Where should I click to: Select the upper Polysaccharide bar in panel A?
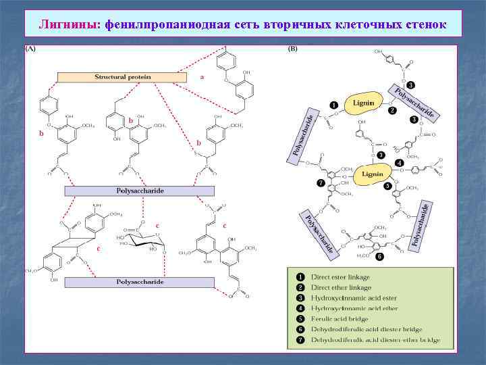(139, 191)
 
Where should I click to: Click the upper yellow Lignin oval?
(367, 103)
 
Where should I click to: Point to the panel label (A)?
(31, 49)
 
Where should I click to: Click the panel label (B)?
(293, 49)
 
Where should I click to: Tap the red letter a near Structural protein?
(202, 77)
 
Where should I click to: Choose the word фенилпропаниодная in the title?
(157, 25)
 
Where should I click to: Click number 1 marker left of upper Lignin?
(333, 105)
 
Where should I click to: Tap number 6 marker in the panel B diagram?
(380, 257)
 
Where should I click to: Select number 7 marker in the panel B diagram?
(321, 182)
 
